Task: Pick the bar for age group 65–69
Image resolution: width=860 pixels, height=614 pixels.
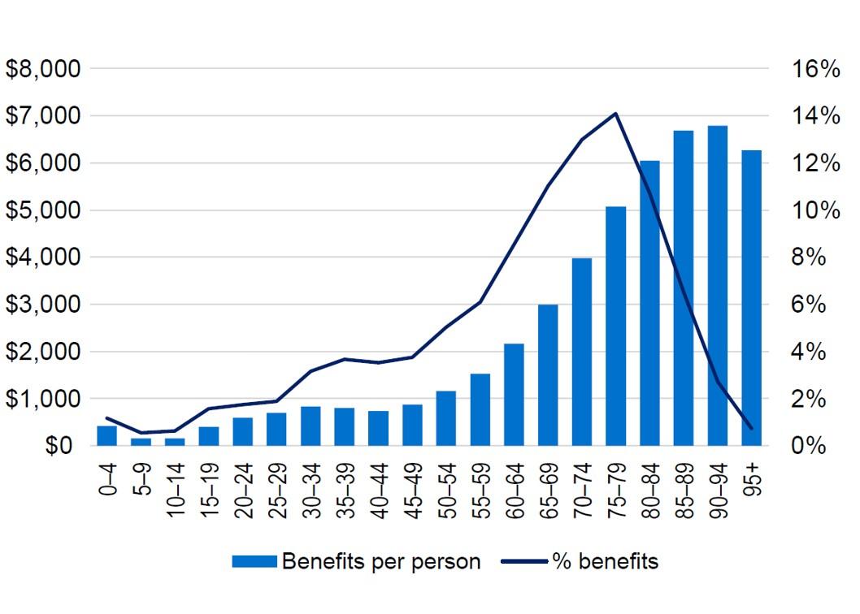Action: point(548,375)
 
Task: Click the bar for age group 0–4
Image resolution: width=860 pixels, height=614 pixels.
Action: point(107,436)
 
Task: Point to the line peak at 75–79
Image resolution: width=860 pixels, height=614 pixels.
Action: point(616,114)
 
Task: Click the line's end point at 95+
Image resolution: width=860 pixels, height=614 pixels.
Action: point(752,428)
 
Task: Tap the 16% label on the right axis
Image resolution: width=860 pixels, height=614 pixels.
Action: point(815,69)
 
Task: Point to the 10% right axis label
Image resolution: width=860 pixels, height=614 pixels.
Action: point(815,210)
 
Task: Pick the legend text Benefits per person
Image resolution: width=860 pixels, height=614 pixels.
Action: point(380,561)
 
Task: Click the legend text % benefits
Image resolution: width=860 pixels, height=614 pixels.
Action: point(606,561)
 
